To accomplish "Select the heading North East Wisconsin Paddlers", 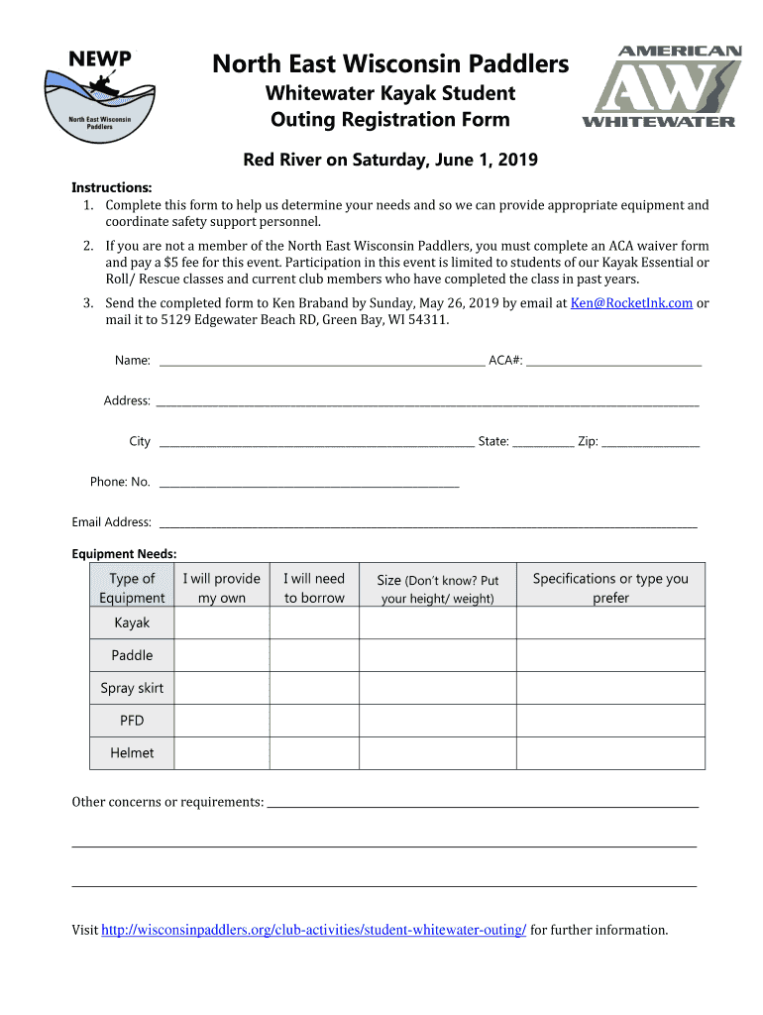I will tap(391, 65).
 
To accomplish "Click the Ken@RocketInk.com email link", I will tap(631, 303).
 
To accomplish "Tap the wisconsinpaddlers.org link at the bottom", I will tap(314, 930).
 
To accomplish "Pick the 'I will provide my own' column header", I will tap(221, 588).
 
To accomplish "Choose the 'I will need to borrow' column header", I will tap(314, 588).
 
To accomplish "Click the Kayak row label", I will tap(132, 622).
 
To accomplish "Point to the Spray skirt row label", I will tap(132, 688).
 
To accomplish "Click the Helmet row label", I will tap(132, 753).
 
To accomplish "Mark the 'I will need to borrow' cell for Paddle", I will tap(314, 655).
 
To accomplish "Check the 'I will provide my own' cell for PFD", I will tap(221, 721).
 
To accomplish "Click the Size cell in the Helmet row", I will tap(438, 753).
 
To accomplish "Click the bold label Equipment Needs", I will tap(124, 554).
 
